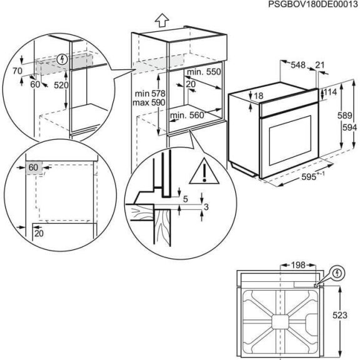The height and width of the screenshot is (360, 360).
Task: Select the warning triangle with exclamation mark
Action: [x=203, y=171]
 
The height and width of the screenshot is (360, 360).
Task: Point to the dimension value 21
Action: [x=320, y=64]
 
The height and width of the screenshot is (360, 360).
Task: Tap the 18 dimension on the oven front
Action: [x=257, y=95]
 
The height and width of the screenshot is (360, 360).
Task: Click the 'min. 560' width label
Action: [x=186, y=115]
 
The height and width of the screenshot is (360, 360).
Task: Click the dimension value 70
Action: [x=17, y=72]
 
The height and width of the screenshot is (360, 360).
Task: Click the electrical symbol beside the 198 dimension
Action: [x=337, y=274]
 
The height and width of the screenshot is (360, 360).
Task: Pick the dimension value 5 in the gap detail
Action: [x=185, y=199]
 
